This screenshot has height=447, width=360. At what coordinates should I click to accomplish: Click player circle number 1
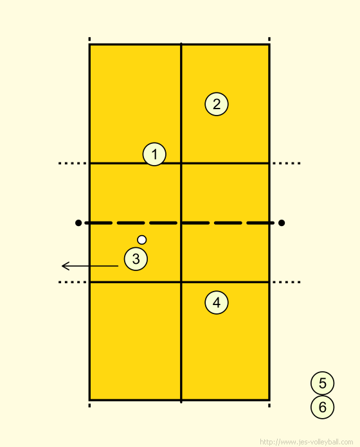(x=154, y=154)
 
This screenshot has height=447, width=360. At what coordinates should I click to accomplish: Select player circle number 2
(x=217, y=104)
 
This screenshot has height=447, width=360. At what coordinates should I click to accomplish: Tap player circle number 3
(x=136, y=259)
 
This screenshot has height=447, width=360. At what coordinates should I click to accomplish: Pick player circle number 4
(x=217, y=302)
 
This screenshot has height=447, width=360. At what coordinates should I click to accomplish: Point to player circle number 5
(x=322, y=383)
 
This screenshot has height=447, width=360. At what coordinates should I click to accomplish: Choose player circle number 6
(x=322, y=407)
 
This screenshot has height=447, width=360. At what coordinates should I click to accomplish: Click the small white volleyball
(x=142, y=240)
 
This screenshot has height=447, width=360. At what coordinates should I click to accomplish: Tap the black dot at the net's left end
(x=78, y=223)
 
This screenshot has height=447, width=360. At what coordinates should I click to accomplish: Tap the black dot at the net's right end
(x=282, y=223)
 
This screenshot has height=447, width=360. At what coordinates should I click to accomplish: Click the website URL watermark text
(x=307, y=442)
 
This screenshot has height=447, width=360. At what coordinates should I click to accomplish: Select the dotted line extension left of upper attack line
(x=73, y=163)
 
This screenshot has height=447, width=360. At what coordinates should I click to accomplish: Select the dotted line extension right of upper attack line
(x=287, y=163)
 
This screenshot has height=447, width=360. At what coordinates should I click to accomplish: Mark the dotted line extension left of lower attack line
(x=73, y=282)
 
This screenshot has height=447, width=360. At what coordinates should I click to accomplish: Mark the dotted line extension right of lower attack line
(x=287, y=282)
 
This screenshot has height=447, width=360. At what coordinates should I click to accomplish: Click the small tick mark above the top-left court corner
(x=89, y=39)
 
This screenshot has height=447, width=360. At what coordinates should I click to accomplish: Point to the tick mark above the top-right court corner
(x=269, y=39)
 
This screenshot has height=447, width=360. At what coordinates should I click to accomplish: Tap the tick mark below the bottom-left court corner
(x=89, y=405)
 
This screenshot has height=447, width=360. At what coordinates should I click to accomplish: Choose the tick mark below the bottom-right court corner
(x=269, y=405)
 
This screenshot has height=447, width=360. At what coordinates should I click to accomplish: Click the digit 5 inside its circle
(x=323, y=383)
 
